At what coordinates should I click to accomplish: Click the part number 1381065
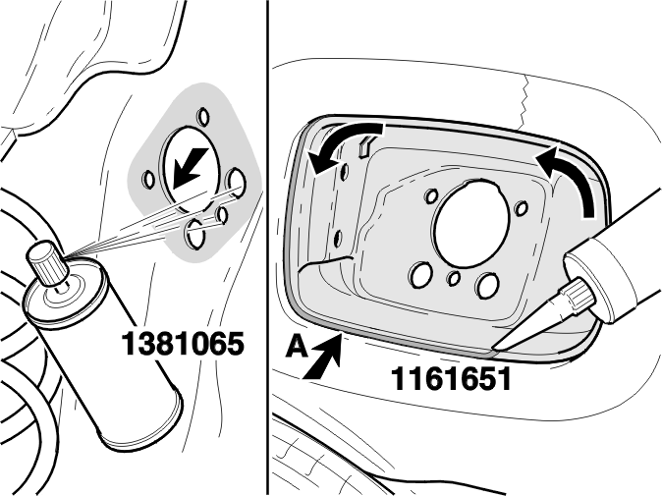click(183, 344)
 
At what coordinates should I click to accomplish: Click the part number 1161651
click(451, 379)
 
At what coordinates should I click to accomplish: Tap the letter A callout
click(298, 348)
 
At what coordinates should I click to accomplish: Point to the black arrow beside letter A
click(323, 358)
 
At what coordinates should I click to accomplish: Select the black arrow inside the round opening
click(190, 168)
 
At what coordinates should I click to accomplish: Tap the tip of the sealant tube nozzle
click(494, 349)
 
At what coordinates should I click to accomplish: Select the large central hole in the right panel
click(471, 223)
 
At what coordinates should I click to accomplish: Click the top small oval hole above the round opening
click(203, 116)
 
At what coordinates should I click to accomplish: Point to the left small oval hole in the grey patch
click(149, 179)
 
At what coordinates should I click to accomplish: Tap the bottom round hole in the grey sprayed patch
click(195, 234)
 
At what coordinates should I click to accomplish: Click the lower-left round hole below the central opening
click(420, 274)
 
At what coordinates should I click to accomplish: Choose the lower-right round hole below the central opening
click(488, 285)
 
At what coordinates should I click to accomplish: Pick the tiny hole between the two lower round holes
click(454, 278)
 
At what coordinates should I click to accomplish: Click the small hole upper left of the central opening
click(431, 195)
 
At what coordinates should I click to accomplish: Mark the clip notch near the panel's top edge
click(364, 146)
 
